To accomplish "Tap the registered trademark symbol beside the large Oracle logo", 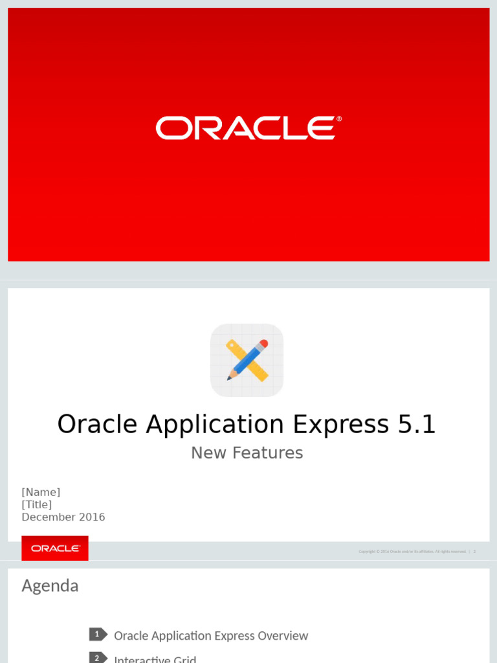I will tap(339, 119).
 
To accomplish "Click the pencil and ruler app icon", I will tap(247, 360).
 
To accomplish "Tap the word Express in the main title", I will tap(336, 425).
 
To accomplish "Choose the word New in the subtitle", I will tap(204, 453).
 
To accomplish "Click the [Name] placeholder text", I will tap(41, 492).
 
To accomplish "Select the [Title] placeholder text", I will tap(37, 504).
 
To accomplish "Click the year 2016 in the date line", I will tap(92, 517).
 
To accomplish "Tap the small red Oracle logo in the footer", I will tap(55, 548).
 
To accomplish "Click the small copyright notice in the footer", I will tap(412, 552).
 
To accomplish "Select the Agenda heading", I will tap(50, 586).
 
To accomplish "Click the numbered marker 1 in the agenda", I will tap(98, 635).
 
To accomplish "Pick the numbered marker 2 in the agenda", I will tap(98, 658).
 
